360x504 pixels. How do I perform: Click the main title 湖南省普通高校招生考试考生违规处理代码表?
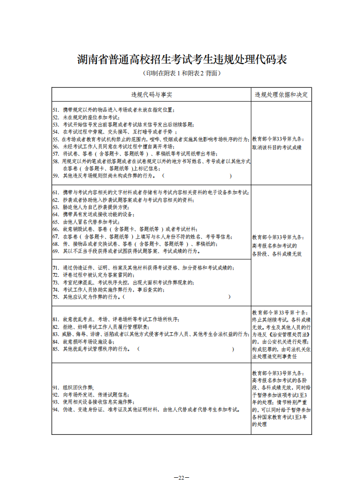[181, 60]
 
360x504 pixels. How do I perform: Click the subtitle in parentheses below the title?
[181, 73]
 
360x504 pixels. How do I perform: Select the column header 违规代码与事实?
[152, 94]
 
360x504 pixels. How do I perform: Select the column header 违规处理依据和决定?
[281, 94]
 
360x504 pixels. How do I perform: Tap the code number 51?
[55, 110]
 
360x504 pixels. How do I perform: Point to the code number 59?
[55, 176]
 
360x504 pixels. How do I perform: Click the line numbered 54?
[119, 131]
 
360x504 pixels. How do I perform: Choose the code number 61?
[55, 192]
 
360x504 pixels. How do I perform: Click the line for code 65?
[91, 222]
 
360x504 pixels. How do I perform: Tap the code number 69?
[55, 251]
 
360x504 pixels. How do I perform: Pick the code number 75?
[55, 297]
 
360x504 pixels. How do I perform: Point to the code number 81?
[55, 319]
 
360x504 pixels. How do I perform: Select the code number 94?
[55, 409]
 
